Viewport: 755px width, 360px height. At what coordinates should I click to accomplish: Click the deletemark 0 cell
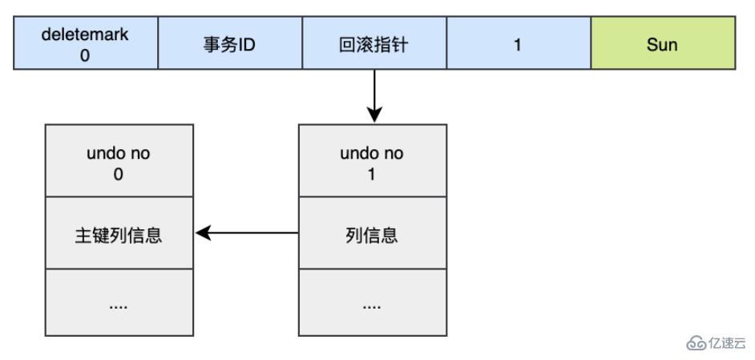click(86, 45)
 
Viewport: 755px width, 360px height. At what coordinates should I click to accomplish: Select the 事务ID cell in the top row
click(230, 45)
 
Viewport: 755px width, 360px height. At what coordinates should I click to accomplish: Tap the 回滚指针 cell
click(374, 45)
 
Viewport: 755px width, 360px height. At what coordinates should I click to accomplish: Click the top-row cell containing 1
click(518, 45)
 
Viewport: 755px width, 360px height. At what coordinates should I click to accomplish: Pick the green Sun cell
click(662, 45)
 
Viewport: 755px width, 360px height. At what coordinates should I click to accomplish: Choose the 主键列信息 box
click(119, 234)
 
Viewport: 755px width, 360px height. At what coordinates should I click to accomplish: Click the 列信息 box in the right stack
click(372, 234)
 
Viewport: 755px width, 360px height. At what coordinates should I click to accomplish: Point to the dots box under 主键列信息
click(119, 303)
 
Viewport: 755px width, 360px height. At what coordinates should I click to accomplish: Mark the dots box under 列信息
click(372, 303)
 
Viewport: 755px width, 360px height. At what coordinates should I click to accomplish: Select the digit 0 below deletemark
click(86, 54)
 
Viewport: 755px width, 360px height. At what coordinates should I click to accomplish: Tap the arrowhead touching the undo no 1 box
click(374, 117)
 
